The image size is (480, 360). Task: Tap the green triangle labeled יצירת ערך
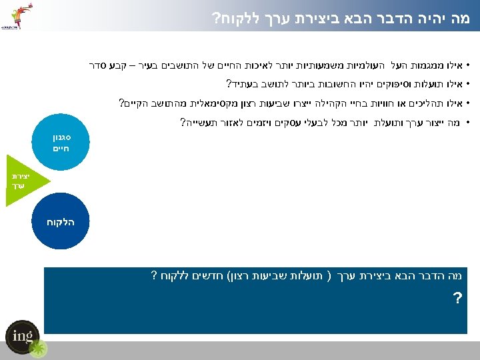(19, 179)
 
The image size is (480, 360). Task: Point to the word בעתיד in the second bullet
(241, 85)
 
